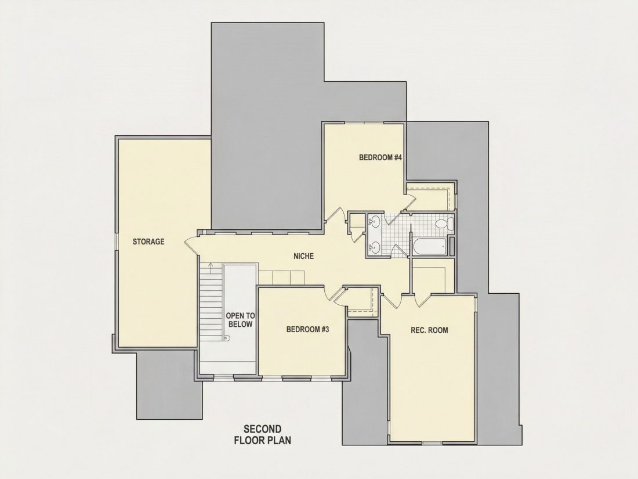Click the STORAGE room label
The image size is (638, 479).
coord(148,242)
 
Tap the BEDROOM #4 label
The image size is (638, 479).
coord(380,157)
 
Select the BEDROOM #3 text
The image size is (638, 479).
coord(307,329)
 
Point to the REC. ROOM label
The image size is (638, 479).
coord(429,330)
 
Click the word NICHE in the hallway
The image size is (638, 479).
coord(303,256)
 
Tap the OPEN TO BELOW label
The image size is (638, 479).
coord(241,320)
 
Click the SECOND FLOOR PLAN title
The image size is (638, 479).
coord(262,434)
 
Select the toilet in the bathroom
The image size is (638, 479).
coord(444,224)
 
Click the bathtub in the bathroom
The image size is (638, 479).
coord(430,247)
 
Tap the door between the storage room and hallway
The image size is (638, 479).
coord(191,245)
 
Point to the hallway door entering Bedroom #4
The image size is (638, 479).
coord(337,215)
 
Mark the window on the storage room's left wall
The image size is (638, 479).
coord(116,242)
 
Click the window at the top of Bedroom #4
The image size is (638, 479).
coord(365,123)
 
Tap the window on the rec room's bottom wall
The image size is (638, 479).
coord(432,443)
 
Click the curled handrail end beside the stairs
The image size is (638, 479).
coord(227,337)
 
